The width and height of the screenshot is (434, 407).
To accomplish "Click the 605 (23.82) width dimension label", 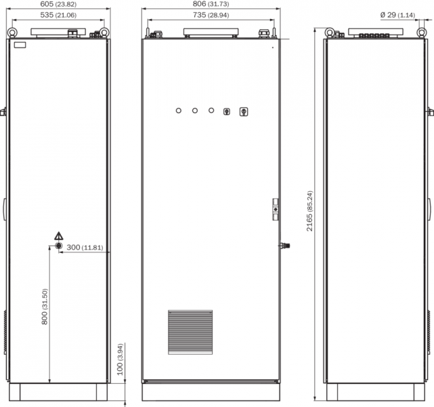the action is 58,4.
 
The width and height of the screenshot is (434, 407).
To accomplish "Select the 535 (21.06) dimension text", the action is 58,15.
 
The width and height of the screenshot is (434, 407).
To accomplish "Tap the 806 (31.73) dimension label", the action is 211,4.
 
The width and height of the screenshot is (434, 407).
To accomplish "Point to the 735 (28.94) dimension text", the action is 211,15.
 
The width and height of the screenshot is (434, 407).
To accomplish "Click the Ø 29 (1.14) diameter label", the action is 397,15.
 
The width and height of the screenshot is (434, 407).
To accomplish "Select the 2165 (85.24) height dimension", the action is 309,211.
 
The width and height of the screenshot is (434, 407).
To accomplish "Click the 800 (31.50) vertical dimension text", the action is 45,307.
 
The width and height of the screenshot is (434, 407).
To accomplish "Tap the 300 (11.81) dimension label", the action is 85,248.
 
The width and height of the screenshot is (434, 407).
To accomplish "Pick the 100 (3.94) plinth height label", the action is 120,360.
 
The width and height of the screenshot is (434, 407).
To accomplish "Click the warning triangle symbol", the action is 59,236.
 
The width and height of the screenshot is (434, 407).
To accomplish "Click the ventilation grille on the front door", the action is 190,332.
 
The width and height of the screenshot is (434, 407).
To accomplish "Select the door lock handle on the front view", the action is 276,210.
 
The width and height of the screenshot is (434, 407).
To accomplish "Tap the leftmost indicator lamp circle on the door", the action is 179,111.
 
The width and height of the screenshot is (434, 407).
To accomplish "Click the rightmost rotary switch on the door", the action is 244,112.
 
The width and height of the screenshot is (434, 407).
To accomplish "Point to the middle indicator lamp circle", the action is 195,111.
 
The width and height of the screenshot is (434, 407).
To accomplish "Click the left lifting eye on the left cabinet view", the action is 12,33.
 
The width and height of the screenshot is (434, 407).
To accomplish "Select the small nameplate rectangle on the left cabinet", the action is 20,45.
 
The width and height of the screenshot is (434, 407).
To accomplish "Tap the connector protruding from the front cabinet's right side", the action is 284,246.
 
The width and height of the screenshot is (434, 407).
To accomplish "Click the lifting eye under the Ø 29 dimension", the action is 421,33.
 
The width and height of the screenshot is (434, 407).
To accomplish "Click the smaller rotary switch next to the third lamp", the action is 227,112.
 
